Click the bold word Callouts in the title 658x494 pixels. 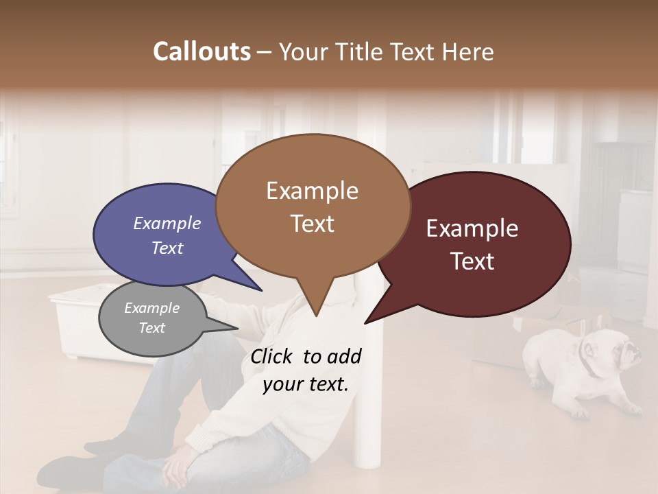point(202,51)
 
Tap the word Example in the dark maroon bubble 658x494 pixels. point(472,228)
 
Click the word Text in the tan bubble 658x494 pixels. point(313,224)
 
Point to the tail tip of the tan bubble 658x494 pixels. point(316,316)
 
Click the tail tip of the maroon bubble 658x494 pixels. point(365,322)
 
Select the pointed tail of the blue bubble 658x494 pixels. point(260,290)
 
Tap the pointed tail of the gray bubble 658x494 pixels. point(236,327)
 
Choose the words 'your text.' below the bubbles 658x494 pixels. point(306,384)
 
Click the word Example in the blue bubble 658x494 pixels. point(167,223)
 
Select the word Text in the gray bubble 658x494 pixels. point(151,328)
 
